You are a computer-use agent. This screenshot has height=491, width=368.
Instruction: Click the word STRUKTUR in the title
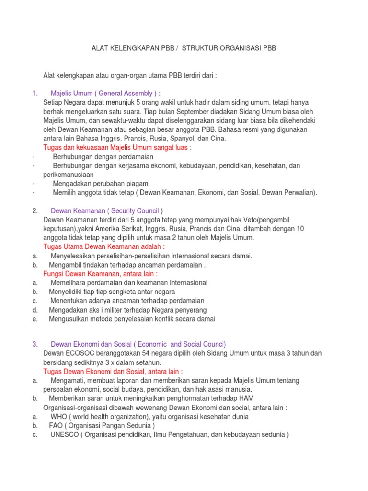(202, 48)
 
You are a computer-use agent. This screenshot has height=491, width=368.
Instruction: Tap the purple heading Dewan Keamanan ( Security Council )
(107, 210)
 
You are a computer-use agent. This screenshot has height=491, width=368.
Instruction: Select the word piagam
(136, 183)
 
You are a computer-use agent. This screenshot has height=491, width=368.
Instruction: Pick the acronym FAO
(56, 426)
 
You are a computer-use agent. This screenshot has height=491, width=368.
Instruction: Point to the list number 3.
(35, 344)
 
